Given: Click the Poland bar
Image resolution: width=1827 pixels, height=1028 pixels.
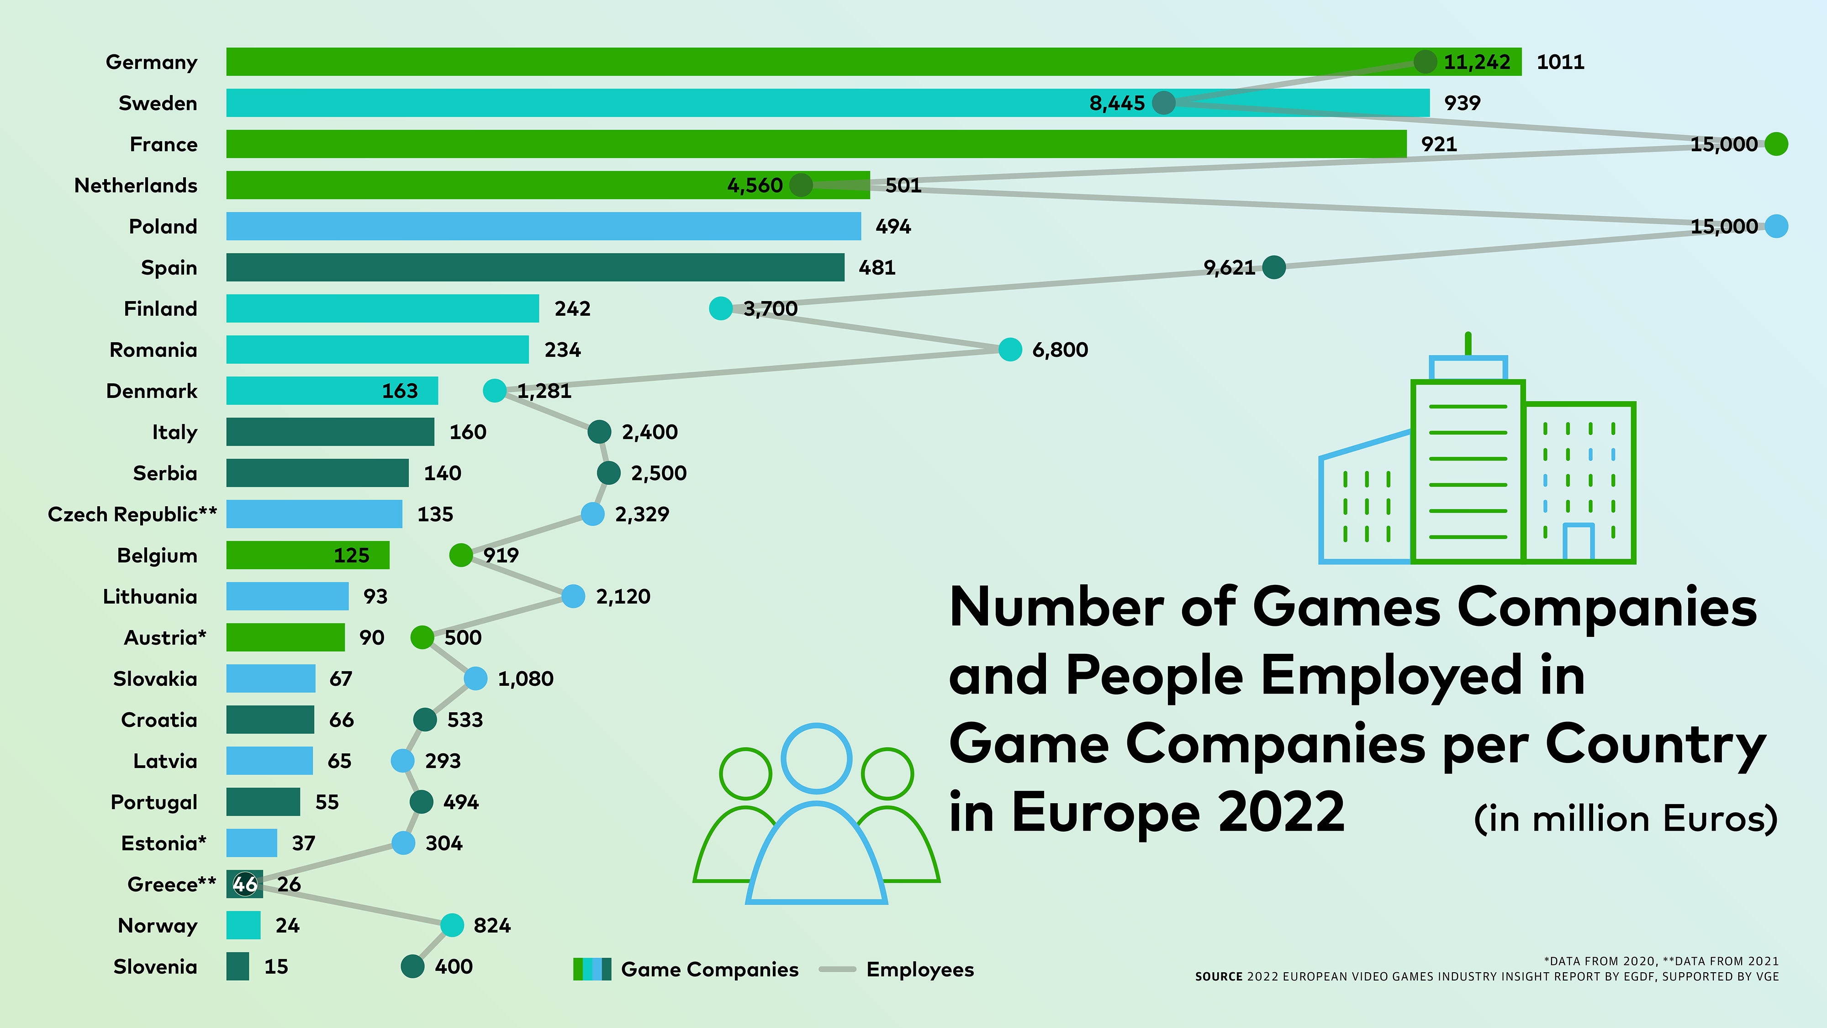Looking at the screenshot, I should (x=543, y=226).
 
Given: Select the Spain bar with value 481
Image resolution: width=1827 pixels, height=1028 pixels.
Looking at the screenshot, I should (x=535, y=267).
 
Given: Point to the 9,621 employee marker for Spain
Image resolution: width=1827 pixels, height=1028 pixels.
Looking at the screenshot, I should (x=1274, y=267).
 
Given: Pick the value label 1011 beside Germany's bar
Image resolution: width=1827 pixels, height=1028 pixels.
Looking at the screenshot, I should (x=1560, y=63).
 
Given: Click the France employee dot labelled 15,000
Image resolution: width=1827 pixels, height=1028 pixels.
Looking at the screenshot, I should (x=1776, y=144).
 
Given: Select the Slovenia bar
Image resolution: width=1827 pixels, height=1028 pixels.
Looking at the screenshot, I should (x=238, y=966).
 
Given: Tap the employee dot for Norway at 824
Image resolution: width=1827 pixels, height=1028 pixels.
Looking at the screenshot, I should (x=452, y=925).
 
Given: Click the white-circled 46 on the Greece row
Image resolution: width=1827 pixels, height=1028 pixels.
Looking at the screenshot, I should (x=245, y=884).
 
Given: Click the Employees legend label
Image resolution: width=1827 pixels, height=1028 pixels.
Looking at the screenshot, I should (x=920, y=969).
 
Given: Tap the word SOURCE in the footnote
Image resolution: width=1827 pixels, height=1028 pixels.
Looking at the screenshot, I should (x=1219, y=977).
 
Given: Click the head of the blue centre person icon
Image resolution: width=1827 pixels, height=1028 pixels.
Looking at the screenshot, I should (x=816, y=758).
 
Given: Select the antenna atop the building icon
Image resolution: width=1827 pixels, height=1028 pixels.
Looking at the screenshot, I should (x=1468, y=344).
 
